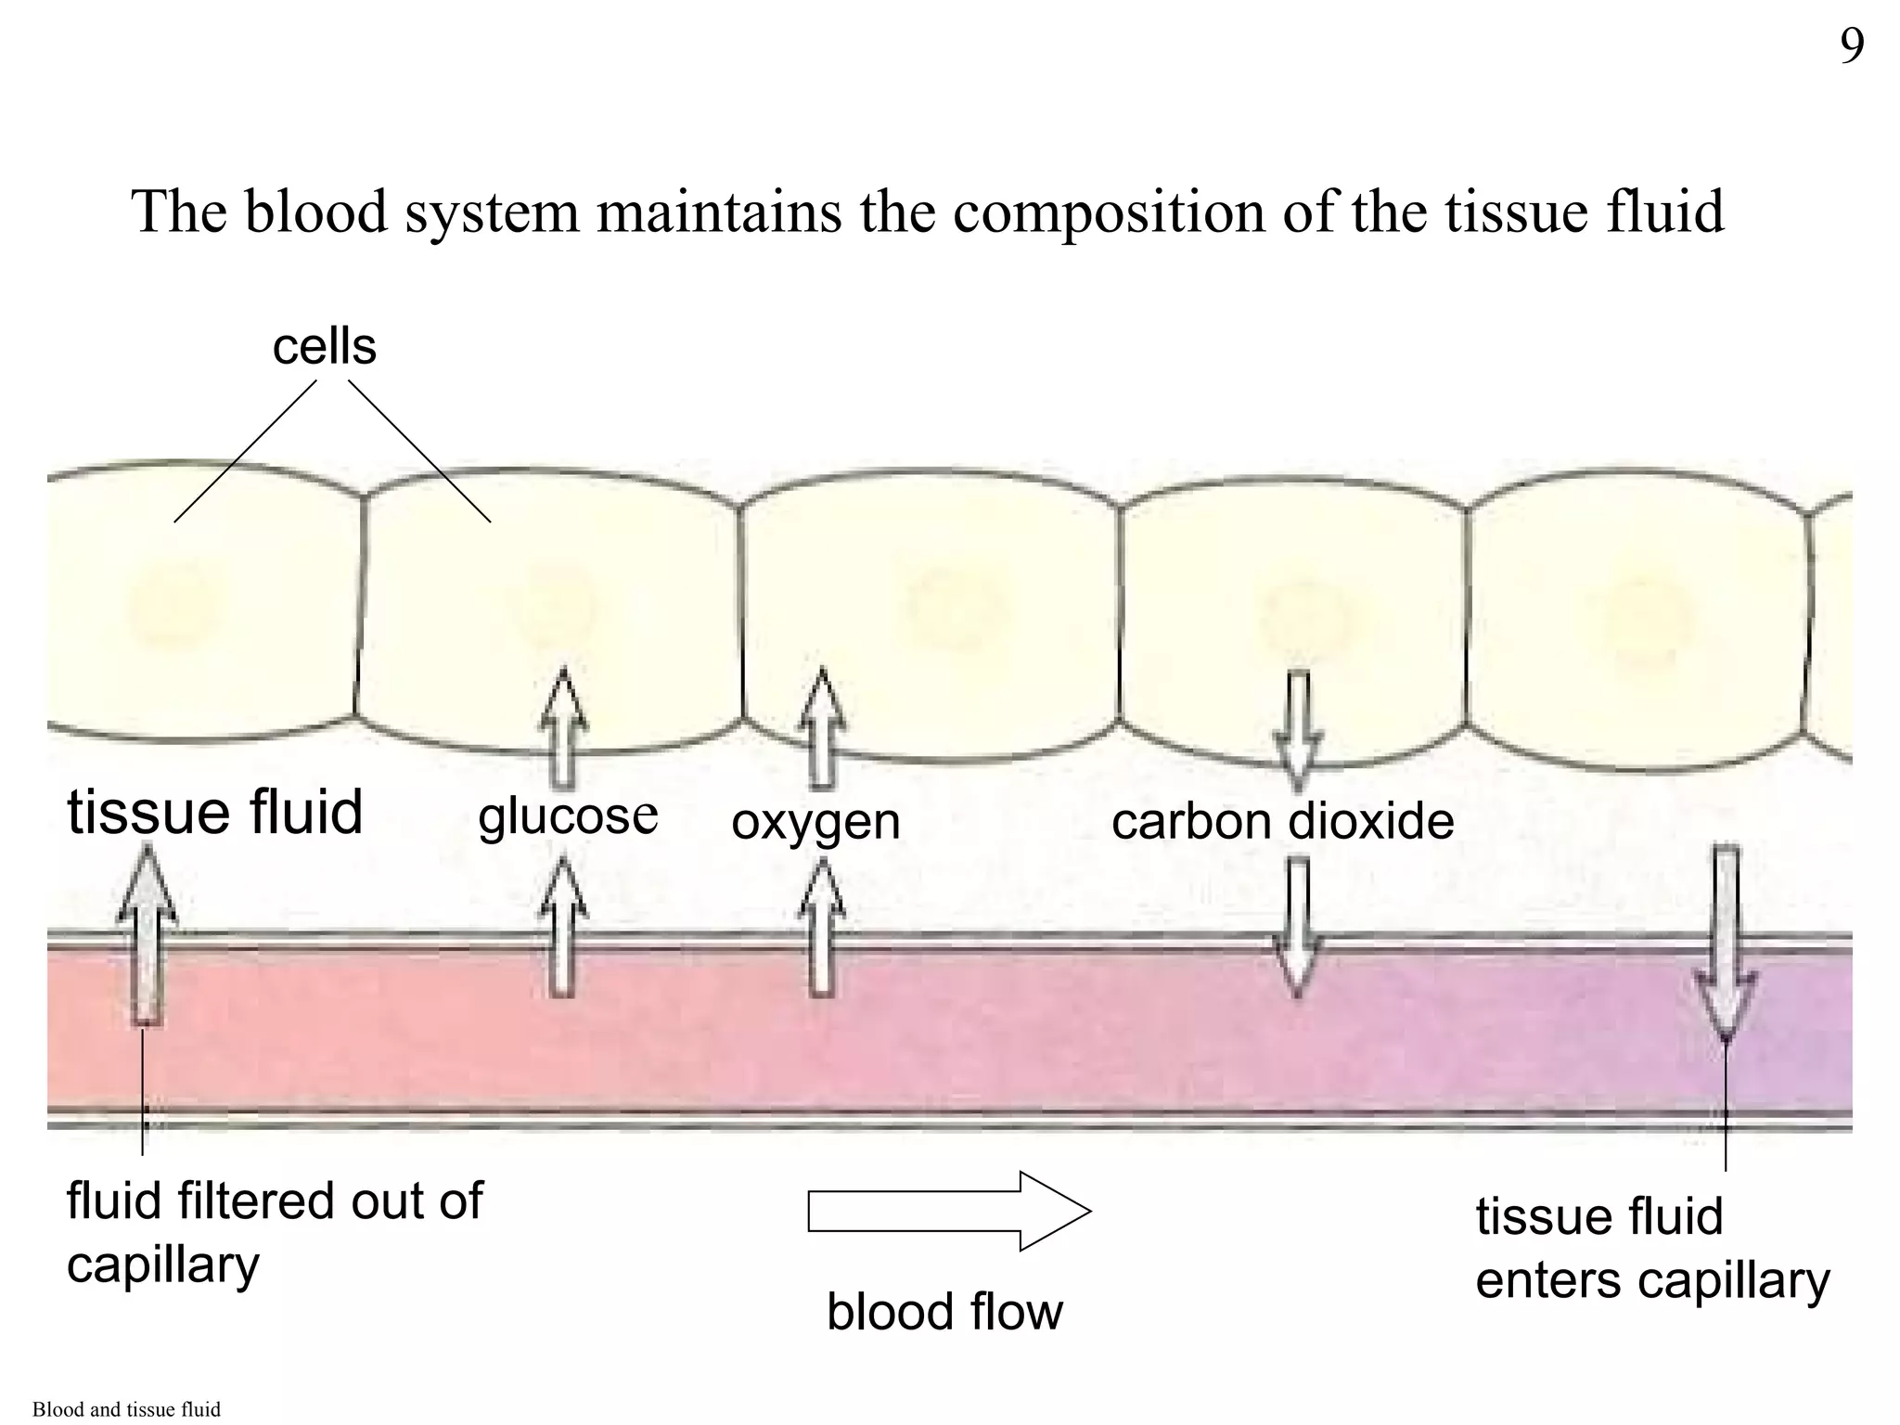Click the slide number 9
click(x=1852, y=46)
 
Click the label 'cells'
click(x=324, y=347)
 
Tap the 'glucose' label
click(x=568, y=815)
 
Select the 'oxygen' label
click(x=815, y=822)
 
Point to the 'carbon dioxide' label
click(x=1282, y=822)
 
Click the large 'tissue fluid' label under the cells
click(x=214, y=813)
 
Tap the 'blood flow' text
click(x=944, y=1312)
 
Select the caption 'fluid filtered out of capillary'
click(x=274, y=1232)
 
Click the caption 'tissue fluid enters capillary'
click(x=1651, y=1248)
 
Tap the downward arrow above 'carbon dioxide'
click(x=1298, y=727)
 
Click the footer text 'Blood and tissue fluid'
click(x=126, y=1409)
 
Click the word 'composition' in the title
click(x=1109, y=212)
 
